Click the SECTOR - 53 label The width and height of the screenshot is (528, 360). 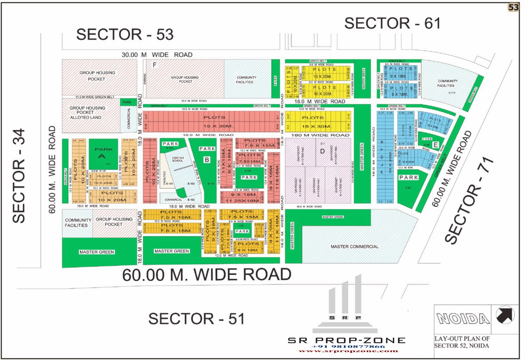pyautogui.click(x=125, y=34)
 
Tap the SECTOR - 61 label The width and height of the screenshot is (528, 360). pyautogui.click(x=392, y=24)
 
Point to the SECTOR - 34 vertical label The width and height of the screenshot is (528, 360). pyautogui.click(x=19, y=176)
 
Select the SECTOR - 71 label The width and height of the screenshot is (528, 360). pyautogui.click(x=470, y=201)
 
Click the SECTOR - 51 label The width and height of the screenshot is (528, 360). pyautogui.click(x=196, y=319)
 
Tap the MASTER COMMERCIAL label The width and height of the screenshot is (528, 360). pyautogui.click(x=354, y=247)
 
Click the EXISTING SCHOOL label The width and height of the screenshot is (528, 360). pyautogui.click(x=178, y=159)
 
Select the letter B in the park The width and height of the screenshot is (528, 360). pyautogui.click(x=207, y=160)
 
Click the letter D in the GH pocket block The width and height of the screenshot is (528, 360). pyautogui.click(x=322, y=151)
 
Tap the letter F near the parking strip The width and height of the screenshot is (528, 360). pyautogui.click(x=154, y=65)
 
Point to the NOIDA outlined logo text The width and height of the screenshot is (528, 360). pyautogui.click(x=463, y=319)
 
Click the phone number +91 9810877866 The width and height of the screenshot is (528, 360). pyautogui.click(x=348, y=346)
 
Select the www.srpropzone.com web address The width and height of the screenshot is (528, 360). pyautogui.click(x=348, y=351)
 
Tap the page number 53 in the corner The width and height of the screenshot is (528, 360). pyautogui.click(x=514, y=7)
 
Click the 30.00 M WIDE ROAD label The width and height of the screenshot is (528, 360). pyautogui.click(x=157, y=55)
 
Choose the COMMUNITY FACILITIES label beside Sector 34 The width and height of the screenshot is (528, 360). pyautogui.click(x=77, y=223)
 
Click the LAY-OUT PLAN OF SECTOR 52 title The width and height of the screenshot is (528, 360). pyautogui.click(x=462, y=342)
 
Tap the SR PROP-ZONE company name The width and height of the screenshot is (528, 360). pyautogui.click(x=347, y=340)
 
